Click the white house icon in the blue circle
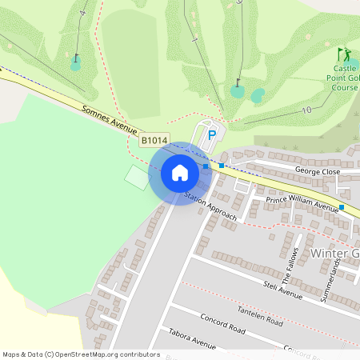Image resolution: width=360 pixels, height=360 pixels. click(180, 173)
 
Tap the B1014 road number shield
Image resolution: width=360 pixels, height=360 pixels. click(154, 141)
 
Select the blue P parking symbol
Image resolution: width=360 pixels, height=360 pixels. click(212, 136)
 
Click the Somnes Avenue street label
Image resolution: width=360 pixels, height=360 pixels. click(110, 120)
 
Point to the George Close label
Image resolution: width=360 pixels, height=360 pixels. click(318, 171)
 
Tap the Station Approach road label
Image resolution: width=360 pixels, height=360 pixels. click(210, 206)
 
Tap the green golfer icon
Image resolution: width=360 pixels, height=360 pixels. click(346, 54)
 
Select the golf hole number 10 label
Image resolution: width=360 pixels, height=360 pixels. click(306, 109)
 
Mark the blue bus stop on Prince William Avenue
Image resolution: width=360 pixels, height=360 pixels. click(342, 207)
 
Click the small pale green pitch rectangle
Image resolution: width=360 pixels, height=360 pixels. click(137, 177)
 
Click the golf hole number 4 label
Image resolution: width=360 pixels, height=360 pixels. click(82, 14)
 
